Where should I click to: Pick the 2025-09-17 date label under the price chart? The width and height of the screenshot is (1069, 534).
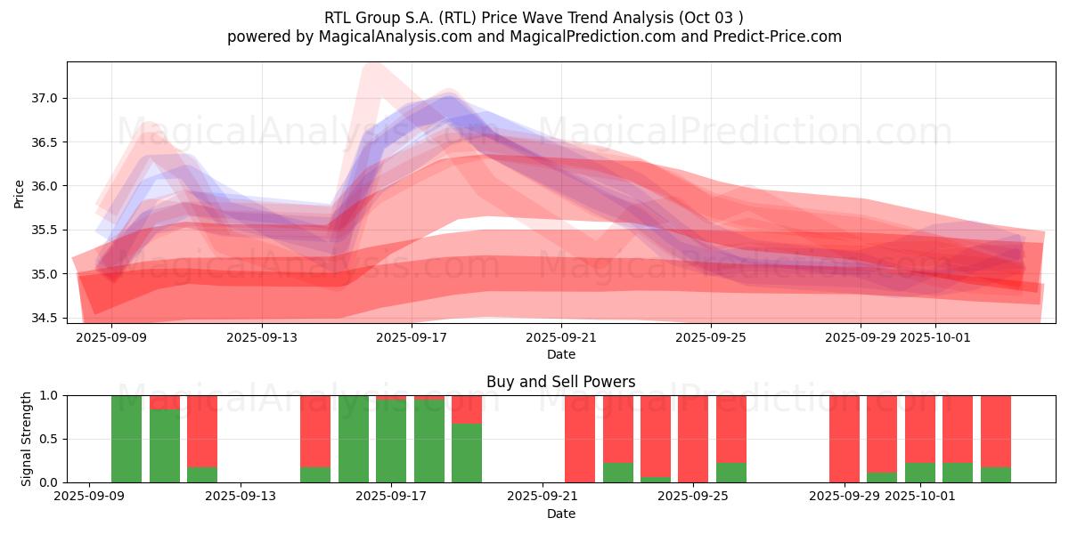(412, 338)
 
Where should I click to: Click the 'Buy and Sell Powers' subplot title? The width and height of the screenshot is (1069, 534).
(560, 382)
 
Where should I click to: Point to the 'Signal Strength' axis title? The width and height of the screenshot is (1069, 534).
(27, 439)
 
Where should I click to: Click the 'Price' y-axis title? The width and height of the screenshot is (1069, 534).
(20, 194)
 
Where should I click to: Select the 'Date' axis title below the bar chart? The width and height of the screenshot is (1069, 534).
(560, 514)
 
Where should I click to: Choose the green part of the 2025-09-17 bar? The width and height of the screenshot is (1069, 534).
(391, 441)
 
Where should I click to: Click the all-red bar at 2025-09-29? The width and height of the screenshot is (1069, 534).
(844, 439)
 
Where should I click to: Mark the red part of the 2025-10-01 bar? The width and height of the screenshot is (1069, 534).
(919, 428)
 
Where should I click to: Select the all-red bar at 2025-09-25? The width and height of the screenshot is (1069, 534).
(693, 439)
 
